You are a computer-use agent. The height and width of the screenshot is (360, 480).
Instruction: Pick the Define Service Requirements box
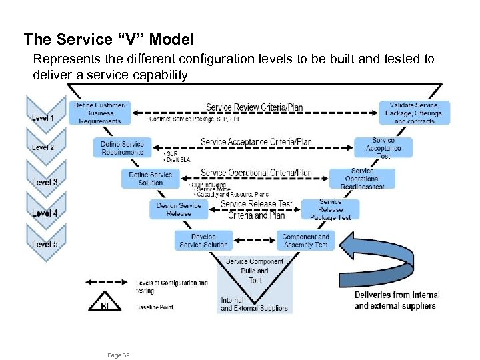click(x=122, y=148)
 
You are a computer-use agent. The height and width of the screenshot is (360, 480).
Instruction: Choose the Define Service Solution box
click(x=151, y=178)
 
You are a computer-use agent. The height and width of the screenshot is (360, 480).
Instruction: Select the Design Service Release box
click(x=179, y=209)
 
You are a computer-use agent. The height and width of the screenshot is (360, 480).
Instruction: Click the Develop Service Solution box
click(x=203, y=241)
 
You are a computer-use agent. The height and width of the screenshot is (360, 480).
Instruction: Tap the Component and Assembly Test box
click(x=305, y=241)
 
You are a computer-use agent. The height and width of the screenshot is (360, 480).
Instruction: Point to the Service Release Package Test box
click(x=330, y=209)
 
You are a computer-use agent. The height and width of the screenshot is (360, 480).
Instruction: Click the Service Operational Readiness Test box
click(x=363, y=178)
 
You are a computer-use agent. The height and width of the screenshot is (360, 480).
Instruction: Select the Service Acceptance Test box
click(x=383, y=148)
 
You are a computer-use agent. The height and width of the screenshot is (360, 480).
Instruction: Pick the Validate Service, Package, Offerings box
click(x=414, y=113)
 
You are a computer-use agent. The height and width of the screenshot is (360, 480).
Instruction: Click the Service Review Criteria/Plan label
click(x=255, y=107)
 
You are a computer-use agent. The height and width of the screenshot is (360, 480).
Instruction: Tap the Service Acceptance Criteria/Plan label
click(x=256, y=142)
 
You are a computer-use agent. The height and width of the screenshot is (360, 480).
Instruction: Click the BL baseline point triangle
click(x=103, y=302)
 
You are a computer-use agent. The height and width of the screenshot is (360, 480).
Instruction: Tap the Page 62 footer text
click(x=119, y=355)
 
